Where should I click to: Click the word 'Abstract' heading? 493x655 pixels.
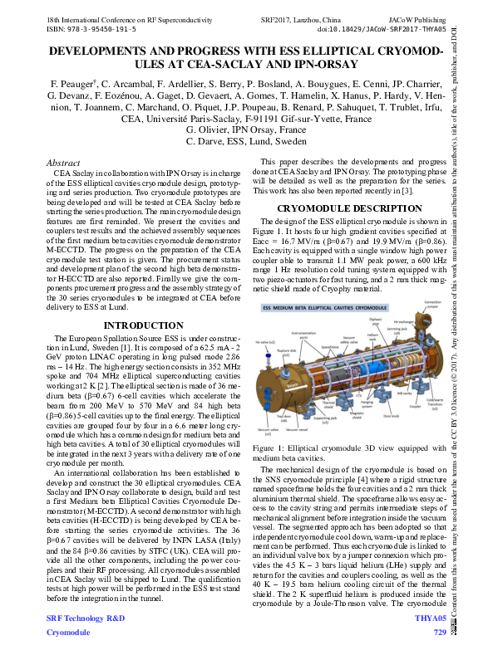coord(63,164)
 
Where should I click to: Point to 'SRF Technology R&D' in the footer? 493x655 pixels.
coord(86,618)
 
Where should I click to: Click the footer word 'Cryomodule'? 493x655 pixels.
coord(68,632)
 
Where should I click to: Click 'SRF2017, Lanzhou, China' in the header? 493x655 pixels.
coord(298,17)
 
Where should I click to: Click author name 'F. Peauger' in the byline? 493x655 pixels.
coord(76,85)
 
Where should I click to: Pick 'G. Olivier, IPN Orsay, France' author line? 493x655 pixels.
coord(246,130)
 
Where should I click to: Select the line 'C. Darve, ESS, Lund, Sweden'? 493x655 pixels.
coord(246,142)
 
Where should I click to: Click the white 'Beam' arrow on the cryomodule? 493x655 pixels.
coord(293,386)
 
